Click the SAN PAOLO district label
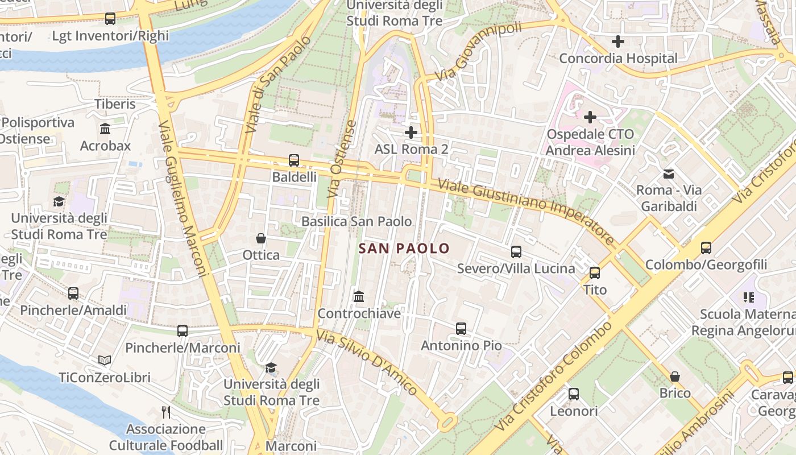point(404,249)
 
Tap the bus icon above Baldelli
point(294,160)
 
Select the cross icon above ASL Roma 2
point(411,133)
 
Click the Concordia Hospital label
point(618,58)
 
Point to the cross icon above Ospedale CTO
point(590,117)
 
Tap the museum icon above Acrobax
point(105,129)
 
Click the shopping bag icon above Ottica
point(261,238)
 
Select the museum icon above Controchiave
point(359,296)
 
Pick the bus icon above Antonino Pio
point(461,328)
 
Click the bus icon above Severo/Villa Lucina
point(516,251)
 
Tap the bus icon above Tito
point(595,272)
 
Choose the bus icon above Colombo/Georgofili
point(706,247)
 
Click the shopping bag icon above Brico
point(675,376)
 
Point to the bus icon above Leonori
point(574,394)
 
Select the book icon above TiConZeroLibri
point(105,360)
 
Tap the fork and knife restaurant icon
point(166,411)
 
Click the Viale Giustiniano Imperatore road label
point(526,210)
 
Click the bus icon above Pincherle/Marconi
point(183,330)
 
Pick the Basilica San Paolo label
point(356,221)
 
